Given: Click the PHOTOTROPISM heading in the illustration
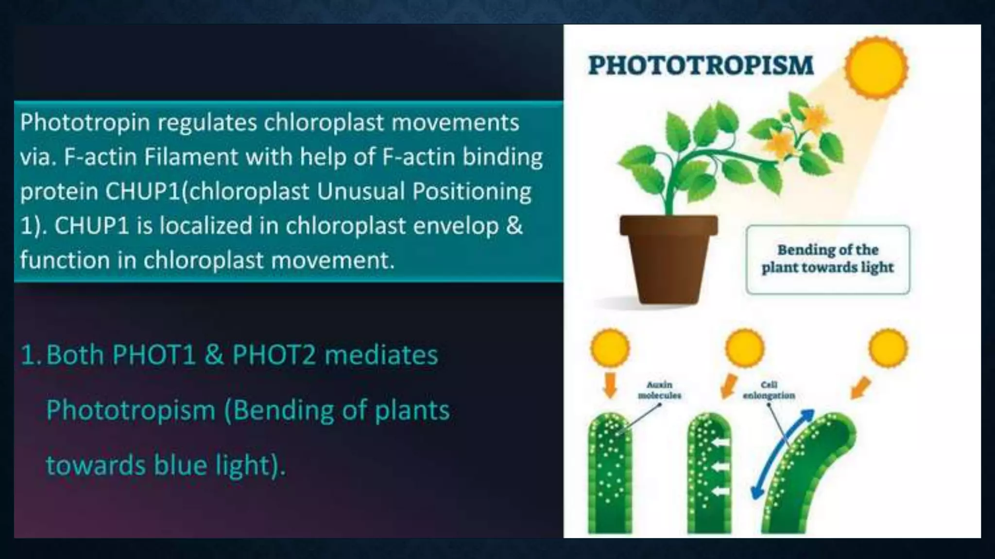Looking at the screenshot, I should click(x=701, y=66).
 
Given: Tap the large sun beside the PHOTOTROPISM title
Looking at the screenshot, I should click(x=876, y=67).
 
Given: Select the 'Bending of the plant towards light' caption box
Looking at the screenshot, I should click(x=827, y=259).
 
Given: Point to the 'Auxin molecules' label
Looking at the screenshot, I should click(x=659, y=390).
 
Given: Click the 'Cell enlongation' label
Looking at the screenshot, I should click(x=769, y=390).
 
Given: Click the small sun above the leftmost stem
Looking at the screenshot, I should click(x=610, y=348).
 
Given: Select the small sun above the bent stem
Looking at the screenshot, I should click(x=888, y=348).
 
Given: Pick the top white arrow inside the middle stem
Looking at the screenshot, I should click(x=721, y=443).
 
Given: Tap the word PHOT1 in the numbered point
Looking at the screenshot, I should click(x=154, y=355).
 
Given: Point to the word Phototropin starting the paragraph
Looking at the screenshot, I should click(x=85, y=122).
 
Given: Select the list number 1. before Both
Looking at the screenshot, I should click(x=32, y=355).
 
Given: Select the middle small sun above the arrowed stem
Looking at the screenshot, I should click(x=744, y=348).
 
